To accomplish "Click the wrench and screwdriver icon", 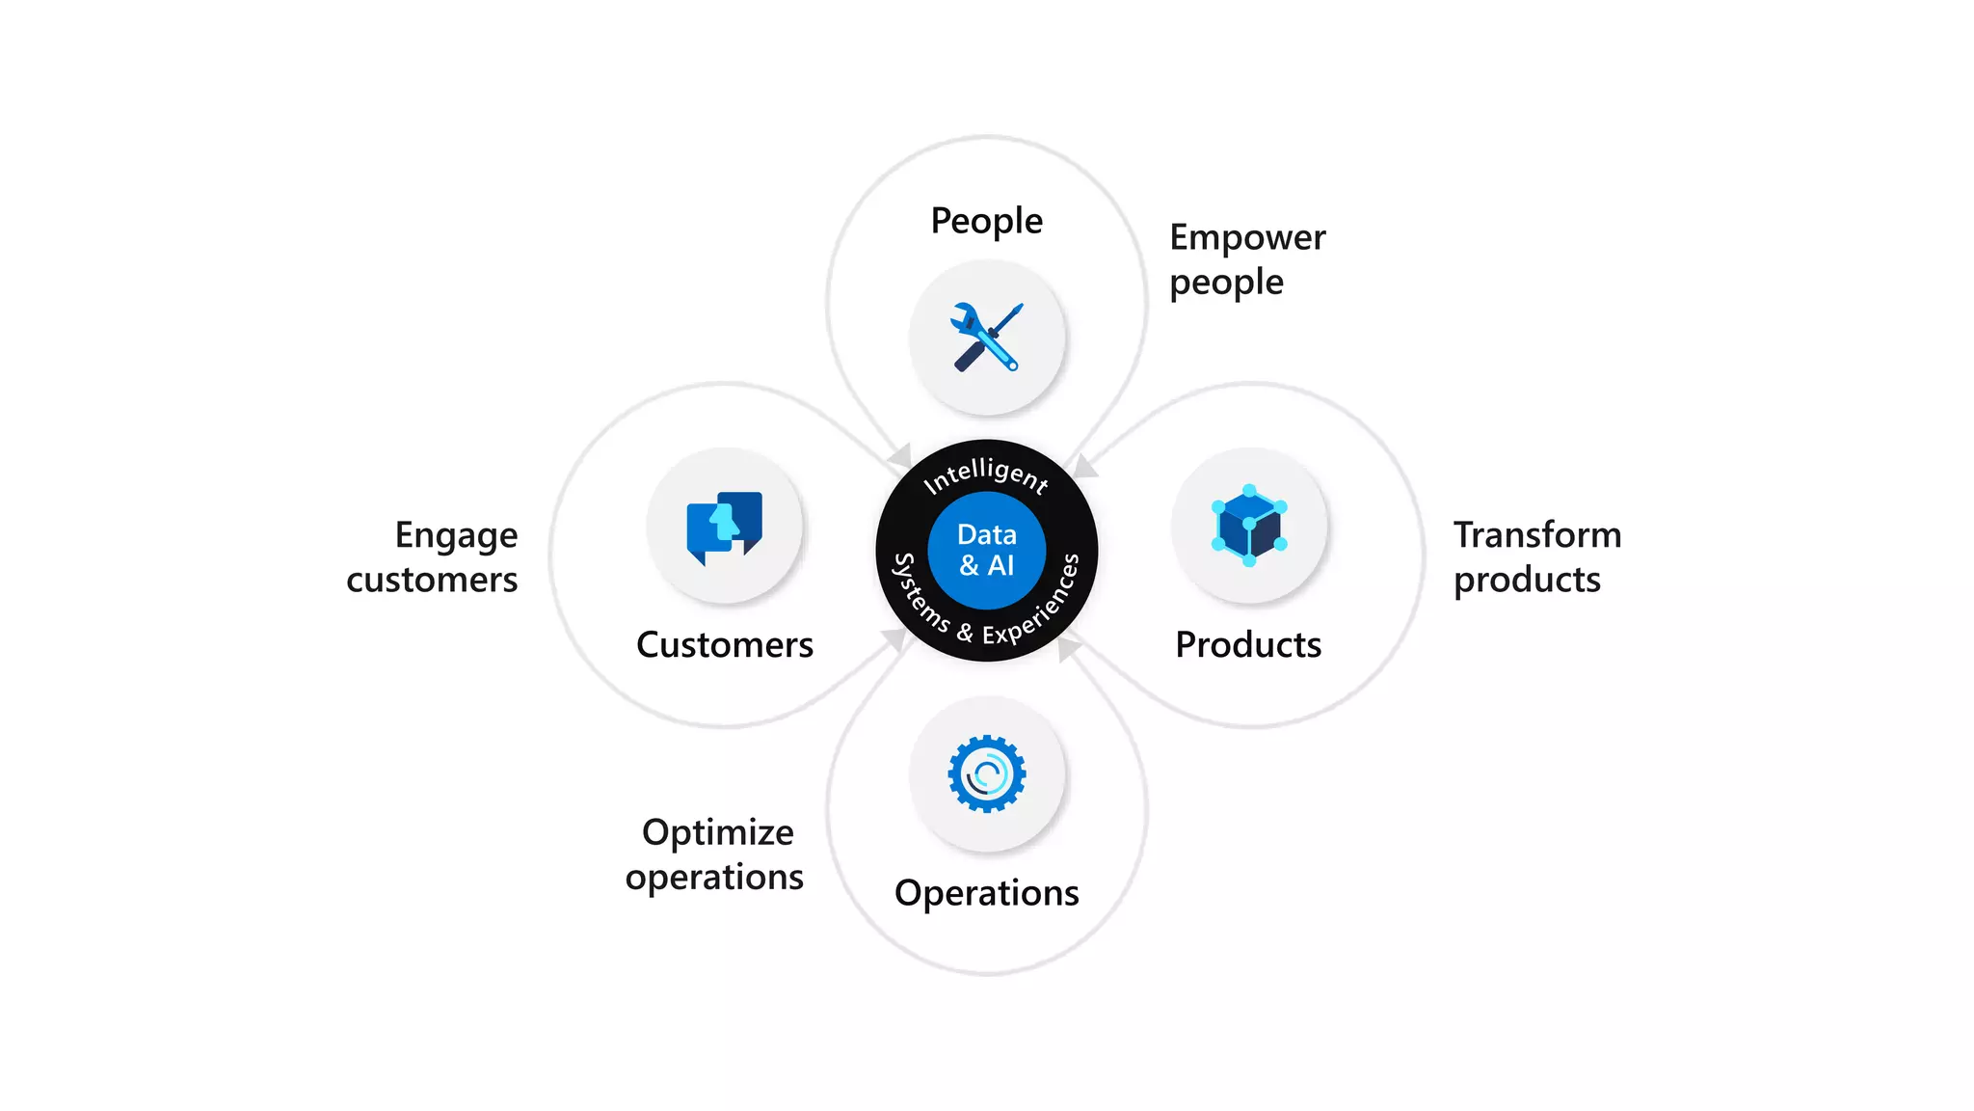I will (x=987, y=337).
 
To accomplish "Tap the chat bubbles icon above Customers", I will (x=725, y=527).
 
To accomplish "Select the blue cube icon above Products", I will (x=1249, y=526).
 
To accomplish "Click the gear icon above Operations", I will (x=987, y=773).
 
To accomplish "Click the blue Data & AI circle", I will (x=987, y=550).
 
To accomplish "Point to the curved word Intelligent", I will (x=986, y=474).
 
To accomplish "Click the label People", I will (x=986, y=221).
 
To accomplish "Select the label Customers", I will (x=725, y=644).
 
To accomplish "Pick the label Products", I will (x=1248, y=644).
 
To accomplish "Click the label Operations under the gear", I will (x=986, y=893).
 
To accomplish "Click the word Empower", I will (x=1247, y=237).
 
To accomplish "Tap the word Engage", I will (x=456, y=536).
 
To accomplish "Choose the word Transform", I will (x=1537, y=534).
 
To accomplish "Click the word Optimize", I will (x=718, y=833).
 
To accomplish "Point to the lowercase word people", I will (x=1226, y=284).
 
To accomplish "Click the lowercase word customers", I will (x=432, y=580).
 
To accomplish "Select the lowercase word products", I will (x=1527, y=581).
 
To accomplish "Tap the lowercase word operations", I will (x=714, y=878).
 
